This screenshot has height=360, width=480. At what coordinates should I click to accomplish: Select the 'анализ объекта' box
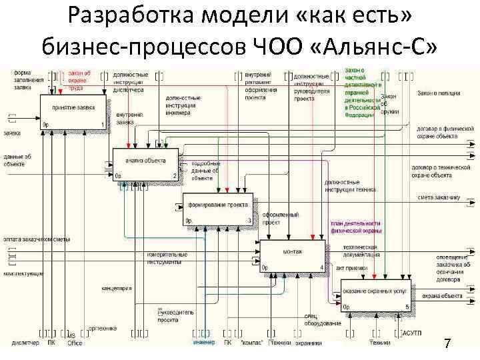point(145,164)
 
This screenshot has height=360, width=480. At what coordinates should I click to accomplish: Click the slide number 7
point(447,343)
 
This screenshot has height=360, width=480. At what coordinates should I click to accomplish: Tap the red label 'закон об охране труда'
point(79,79)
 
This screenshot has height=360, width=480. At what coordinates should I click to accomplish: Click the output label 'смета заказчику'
point(439,197)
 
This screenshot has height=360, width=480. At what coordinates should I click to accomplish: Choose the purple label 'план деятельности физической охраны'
point(355,227)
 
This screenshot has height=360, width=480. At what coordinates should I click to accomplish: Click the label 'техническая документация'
point(361,251)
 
